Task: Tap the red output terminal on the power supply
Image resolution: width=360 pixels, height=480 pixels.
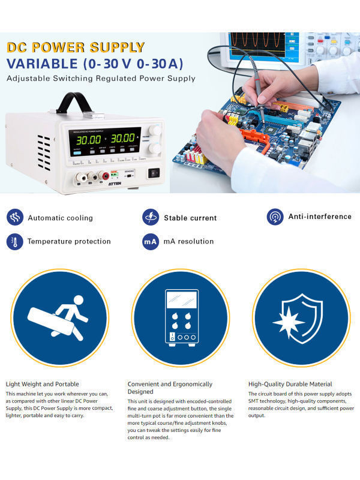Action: click(106, 175)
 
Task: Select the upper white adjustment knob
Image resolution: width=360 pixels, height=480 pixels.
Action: click(155, 130)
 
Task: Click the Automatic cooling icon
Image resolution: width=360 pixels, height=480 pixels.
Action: click(14, 217)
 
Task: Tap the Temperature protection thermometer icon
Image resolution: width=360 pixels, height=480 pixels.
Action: click(14, 241)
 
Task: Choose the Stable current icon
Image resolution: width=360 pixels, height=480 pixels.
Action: click(151, 217)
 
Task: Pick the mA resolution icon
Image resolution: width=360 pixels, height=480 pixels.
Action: click(151, 241)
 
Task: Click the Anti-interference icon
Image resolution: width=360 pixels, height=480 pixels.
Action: click(275, 217)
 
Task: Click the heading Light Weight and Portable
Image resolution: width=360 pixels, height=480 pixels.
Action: click(42, 384)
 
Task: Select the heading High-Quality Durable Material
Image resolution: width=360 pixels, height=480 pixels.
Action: click(290, 384)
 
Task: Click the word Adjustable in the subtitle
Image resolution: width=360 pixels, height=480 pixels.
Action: click(28, 79)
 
